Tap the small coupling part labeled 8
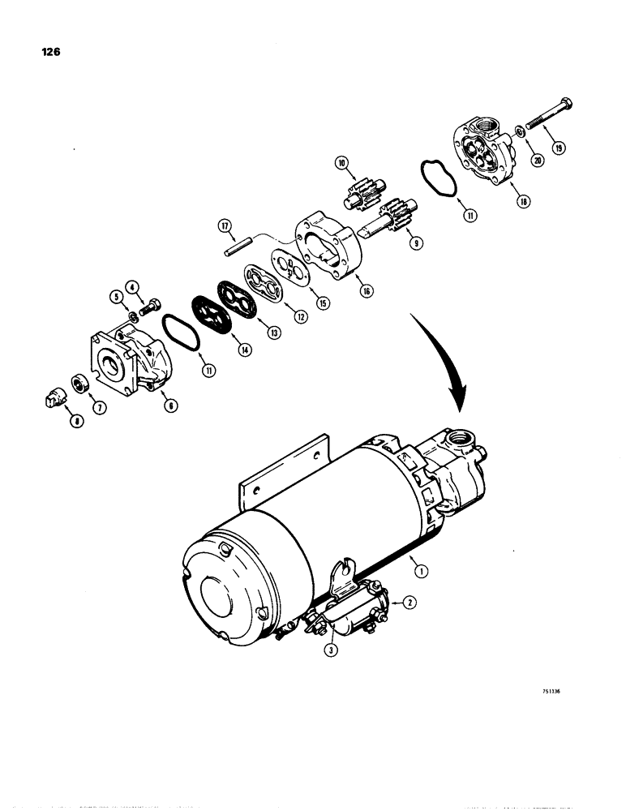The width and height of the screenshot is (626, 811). pyautogui.click(x=50, y=400)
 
